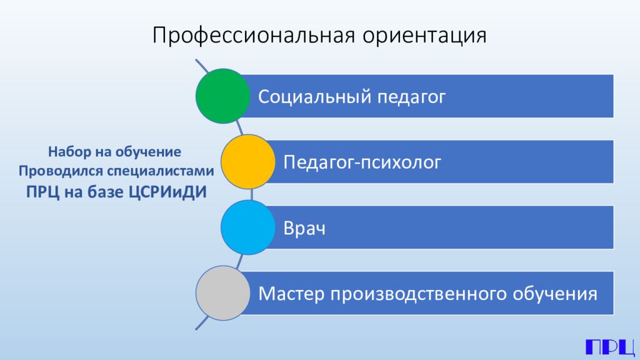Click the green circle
(222, 96)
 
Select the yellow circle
(248, 162)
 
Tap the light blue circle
(248, 227)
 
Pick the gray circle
(222, 292)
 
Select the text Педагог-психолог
(362, 162)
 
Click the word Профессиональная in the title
(252, 35)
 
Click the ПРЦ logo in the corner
(610, 346)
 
